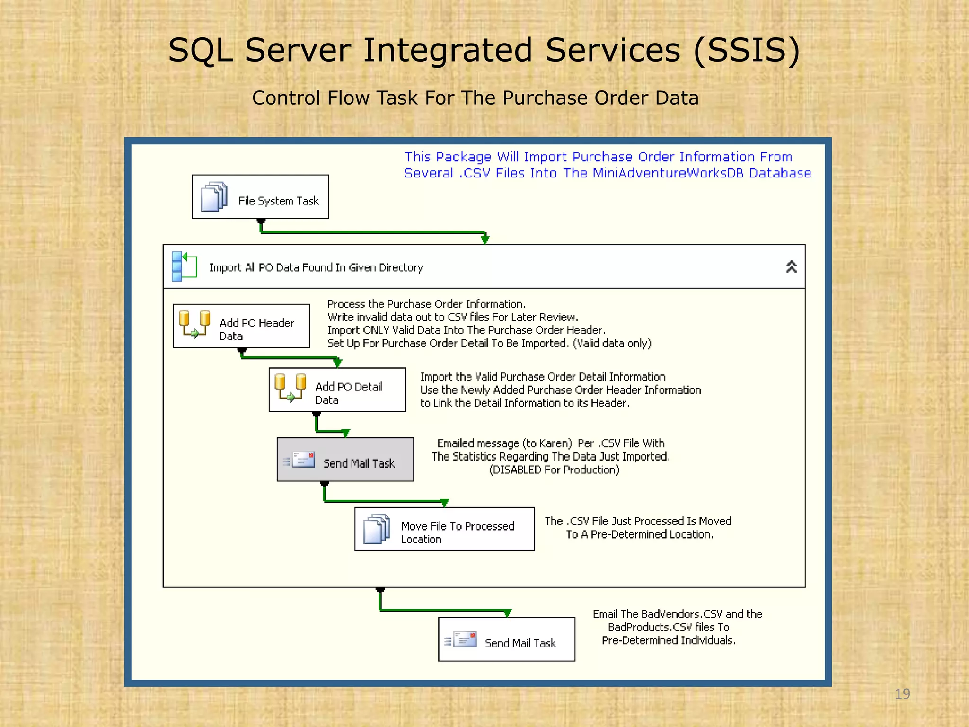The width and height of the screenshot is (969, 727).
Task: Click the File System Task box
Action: pyautogui.click(x=260, y=197)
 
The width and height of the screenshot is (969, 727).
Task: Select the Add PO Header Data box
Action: pyautogui.click(x=241, y=326)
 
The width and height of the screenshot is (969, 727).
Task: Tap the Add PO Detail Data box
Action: pyautogui.click(x=337, y=390)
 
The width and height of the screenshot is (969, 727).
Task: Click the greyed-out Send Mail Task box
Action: pyautogui.click(x=345, y=460)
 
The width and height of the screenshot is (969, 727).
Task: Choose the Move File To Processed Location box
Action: pyautogui.click(x=444, y=529)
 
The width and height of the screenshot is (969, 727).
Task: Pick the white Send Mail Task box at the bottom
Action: pyautogui.click(x=506, y=639)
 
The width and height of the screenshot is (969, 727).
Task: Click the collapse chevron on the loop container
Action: pyautogui.click(x=791, y=267)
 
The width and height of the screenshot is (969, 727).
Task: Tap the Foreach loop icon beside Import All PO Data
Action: pyautogui.click(x=184, y=266)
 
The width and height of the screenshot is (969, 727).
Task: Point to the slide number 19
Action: pyautogui.click(x=902, y=694)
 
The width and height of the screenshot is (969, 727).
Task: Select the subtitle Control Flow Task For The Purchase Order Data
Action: pyautogui.click(x=475, y=98)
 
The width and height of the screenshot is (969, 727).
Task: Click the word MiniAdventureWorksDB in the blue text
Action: pyautogui.click(x=668, y=173)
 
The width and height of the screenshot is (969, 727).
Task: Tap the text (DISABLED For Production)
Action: pyautogui.click(x=554, y=470)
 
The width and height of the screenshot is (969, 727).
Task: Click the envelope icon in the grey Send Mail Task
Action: pyautogui.click(x=303, y=460)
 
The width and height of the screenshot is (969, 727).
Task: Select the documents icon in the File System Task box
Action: pyautogui.click(x=214, y=197)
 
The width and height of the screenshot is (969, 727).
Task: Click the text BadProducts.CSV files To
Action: pyautogui.click(x=668, y=628)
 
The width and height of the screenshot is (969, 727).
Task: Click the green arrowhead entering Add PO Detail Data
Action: pyautogui.click(x=337, y=363)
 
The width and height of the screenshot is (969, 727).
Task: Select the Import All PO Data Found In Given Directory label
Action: pyautogui.click(x=316, y=268)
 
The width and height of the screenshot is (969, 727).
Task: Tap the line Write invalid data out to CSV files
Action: pyautogui.click(x=452, y=317)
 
